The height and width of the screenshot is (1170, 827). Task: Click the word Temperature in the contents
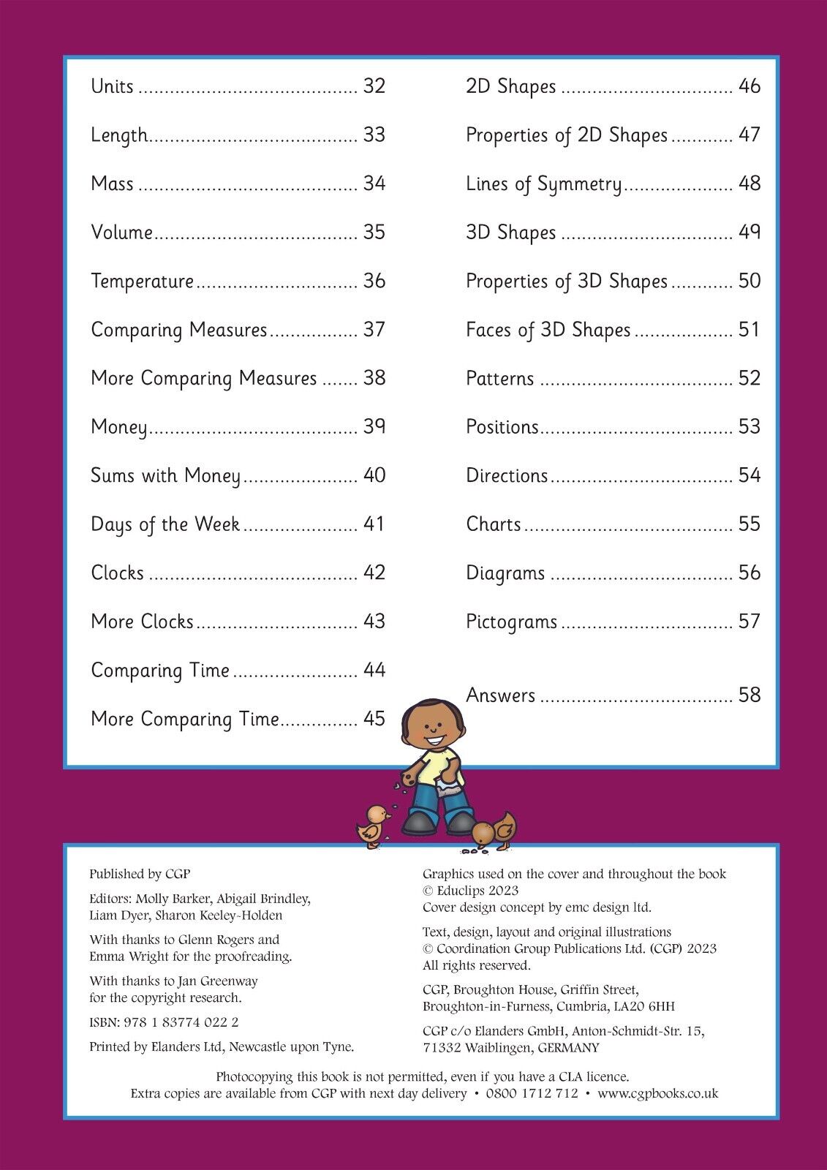(142, 282)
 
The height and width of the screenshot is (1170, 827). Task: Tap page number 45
(374, 719)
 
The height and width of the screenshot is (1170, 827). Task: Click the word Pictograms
(511, 622)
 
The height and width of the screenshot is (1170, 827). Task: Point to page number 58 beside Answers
(749, 695)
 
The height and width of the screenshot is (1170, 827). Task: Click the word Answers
(500, 695)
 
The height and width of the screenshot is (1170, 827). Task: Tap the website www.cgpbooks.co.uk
(657, 1094)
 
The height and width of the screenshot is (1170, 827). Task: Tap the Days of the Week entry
(165, 525)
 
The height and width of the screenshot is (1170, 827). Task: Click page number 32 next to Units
(374, 86)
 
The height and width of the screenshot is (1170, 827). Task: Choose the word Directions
(507, 476)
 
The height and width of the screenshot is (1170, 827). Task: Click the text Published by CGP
(140, 874)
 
